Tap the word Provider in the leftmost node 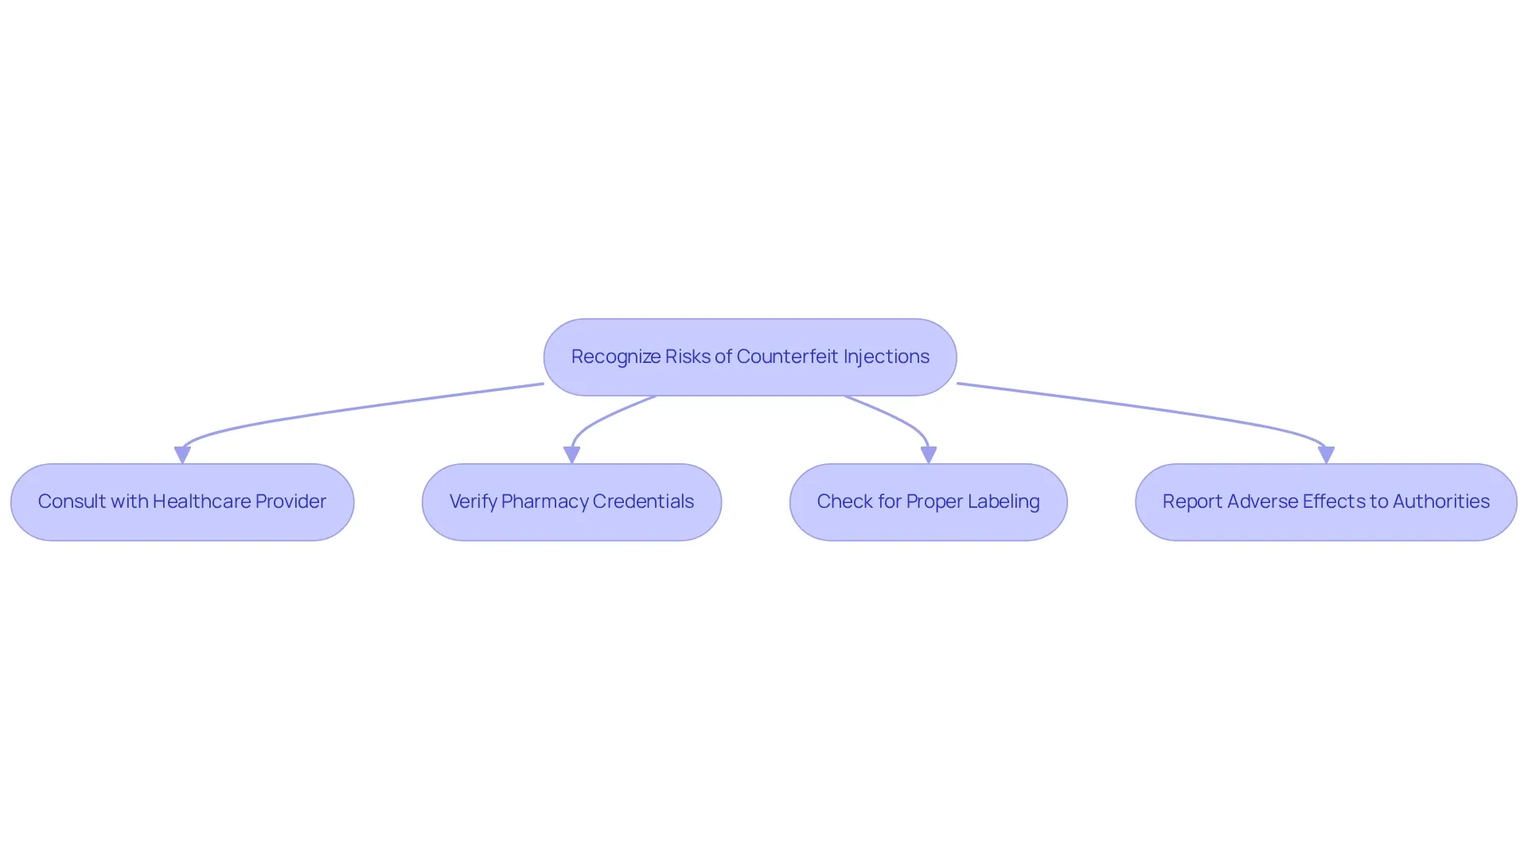(x=291, y=501)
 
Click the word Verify (x=473, y=502)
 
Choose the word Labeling (x=1004, y=502)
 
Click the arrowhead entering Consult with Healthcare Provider (x=182, y=455)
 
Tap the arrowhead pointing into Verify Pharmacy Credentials (x=571, y=455)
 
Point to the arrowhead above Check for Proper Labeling (x=928, y=455)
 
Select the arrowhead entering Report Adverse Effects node (x=1326, y=455)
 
